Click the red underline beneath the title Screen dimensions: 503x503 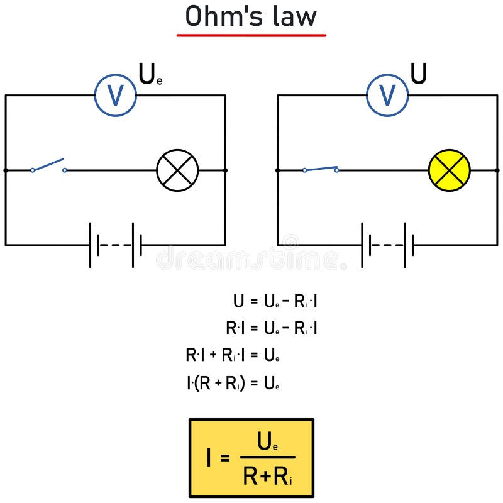(251, 35)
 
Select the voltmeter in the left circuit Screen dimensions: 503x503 (116, 95)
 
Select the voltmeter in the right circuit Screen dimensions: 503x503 (387, 95)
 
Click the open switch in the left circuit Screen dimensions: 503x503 (48, 166)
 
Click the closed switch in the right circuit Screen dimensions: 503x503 (320, 169)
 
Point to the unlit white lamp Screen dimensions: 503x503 (177, 170)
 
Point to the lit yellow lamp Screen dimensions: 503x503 (449, 170)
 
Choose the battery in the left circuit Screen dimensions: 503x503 (116, 245)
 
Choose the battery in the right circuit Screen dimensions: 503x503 (387, 245)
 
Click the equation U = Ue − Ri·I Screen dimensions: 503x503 (275, 301)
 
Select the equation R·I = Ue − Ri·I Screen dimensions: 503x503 (272, 328)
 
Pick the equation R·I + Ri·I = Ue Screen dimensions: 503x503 (232, 355)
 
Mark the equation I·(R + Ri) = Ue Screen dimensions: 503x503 (233, 383)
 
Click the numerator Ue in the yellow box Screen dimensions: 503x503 (268, 444)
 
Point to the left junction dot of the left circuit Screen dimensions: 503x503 (6, 170)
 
